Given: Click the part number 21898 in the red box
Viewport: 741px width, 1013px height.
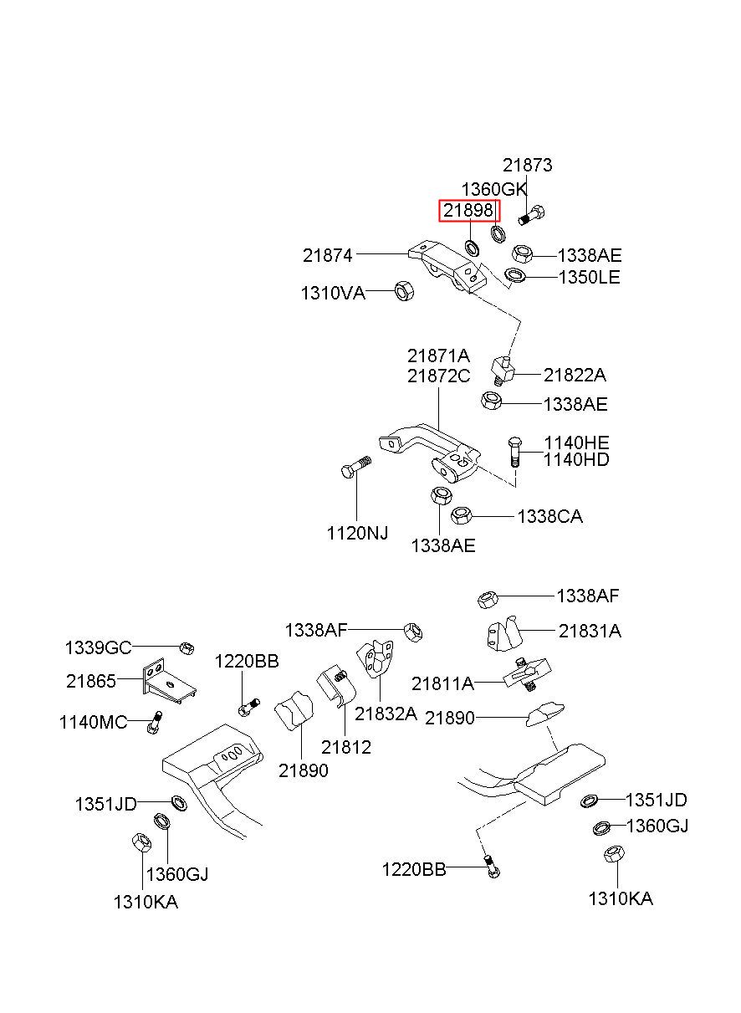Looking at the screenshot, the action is point(468,210).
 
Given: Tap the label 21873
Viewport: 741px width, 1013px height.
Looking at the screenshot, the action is point(527,165).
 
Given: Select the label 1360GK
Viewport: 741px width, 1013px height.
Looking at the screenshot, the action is point(493,190).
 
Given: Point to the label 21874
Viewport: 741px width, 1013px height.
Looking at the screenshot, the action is point(327,256).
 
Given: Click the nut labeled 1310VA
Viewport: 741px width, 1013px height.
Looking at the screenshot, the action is point(404,291).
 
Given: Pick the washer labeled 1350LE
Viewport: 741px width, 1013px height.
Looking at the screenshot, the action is point(514,274).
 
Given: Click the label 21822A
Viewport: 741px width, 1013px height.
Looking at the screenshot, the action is point(575,376).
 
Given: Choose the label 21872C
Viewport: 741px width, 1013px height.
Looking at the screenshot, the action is point(438,376).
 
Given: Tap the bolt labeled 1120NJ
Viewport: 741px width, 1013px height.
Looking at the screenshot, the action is point(356,468).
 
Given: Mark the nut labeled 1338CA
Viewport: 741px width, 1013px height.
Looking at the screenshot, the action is point(462,515).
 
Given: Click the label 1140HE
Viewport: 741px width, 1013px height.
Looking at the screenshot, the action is point(576,443).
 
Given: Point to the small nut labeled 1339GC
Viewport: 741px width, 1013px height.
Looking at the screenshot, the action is point(187,648).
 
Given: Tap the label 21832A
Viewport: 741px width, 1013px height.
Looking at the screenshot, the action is point(386,714).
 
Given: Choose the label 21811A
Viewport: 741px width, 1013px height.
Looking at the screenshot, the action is point(442,684).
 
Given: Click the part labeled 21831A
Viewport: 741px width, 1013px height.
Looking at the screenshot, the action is point(504,633).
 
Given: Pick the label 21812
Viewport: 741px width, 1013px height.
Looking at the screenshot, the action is point(346,747).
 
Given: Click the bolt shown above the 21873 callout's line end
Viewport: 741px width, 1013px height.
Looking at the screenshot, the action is point(531,215).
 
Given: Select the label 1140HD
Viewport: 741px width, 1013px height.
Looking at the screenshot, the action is point(576,460).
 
